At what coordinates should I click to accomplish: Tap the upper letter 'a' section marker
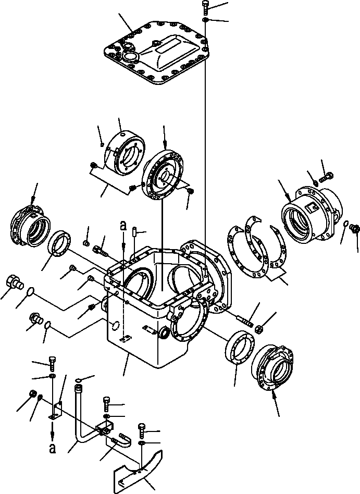(123, 226)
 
